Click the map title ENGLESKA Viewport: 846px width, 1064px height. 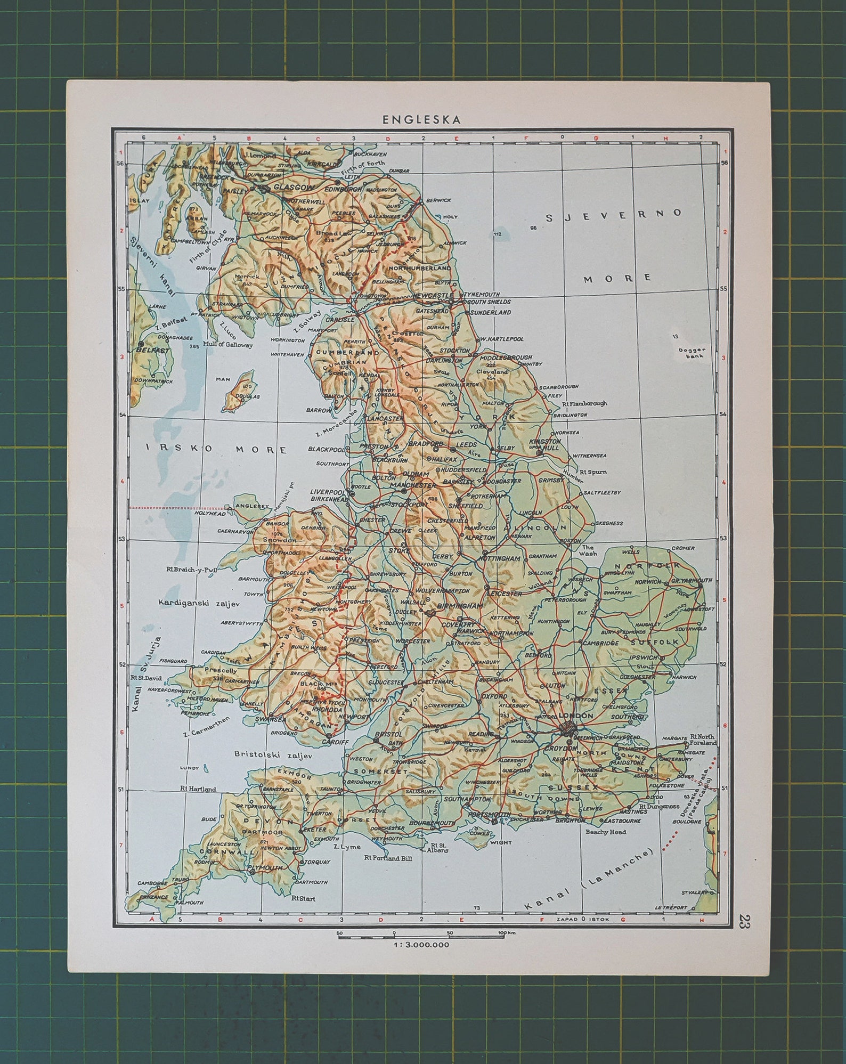coord(421,120)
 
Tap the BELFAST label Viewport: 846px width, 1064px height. coord(153,351)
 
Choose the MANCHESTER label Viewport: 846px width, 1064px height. coord(413,486)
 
